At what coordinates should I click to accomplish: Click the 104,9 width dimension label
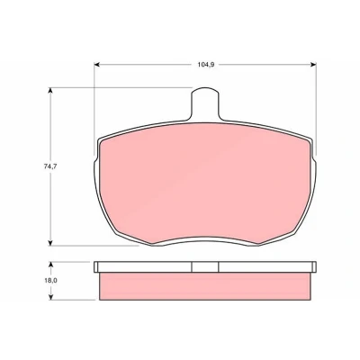[205, 65]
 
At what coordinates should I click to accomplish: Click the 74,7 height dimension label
[50, 166]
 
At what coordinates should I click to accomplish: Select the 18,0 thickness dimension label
[50, 281]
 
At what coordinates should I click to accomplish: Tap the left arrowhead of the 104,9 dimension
[96, 65]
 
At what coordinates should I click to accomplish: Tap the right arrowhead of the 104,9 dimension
[314, 65]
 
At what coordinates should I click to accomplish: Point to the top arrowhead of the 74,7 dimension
[50, 90]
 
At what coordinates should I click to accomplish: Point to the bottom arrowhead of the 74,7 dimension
[50, 243]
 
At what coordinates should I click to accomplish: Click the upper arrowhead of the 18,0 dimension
[50, 265]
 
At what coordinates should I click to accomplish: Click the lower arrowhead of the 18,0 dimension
[50, 297]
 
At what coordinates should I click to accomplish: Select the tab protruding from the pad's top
[205, 104]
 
